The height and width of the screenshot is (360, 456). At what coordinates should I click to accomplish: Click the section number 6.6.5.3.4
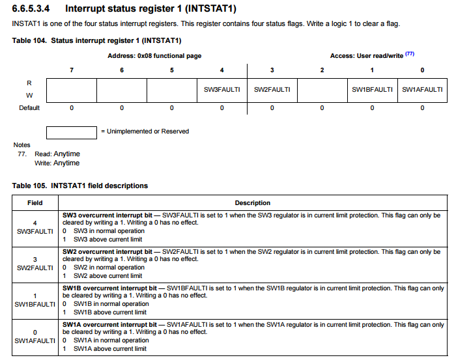tap(33, 8)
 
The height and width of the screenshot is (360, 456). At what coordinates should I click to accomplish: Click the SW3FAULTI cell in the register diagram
tap(221, 90)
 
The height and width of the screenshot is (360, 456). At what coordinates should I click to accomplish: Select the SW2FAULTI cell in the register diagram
tap(272, 90)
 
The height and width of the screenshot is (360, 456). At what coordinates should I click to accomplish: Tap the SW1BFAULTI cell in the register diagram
tap(372, 90)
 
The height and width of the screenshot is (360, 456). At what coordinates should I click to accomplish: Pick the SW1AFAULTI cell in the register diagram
tap(422, 90)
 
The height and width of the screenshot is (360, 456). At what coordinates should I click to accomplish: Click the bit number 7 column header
tap(72, 70)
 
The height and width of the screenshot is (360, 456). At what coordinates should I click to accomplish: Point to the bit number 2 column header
tap(322, 70)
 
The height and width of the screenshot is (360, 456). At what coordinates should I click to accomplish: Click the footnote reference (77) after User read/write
tap(410, 54)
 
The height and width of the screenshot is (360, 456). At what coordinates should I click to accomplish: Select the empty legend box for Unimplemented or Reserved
tap(72, 132)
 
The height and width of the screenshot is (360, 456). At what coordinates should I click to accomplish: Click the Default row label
tap(29, 107)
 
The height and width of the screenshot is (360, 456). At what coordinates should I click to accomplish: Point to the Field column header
tap(35, 202)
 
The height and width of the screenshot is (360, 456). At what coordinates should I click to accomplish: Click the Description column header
tap(253, 202)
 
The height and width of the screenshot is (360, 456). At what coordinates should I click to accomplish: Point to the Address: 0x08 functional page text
tap(154, 56)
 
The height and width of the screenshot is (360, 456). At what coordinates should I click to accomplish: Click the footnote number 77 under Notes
tap(22, 154)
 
